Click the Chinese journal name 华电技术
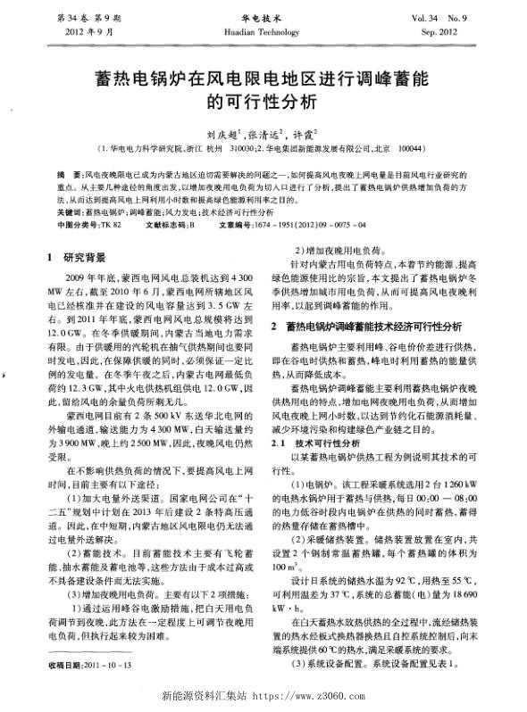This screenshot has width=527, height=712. coord(263,16)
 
